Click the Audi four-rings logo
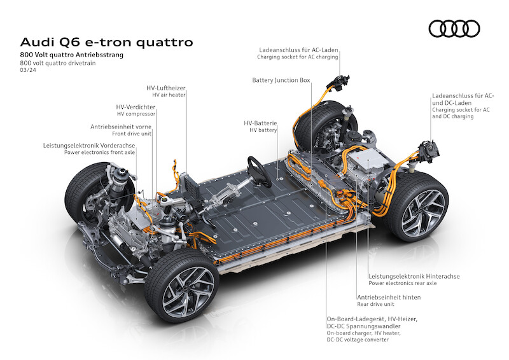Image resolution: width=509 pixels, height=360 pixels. coord(454,29)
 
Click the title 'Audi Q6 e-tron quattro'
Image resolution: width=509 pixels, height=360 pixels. coord(106,43)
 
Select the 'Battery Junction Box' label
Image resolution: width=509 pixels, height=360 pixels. coord(281,81)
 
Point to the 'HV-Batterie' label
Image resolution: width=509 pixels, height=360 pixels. coord(260,122)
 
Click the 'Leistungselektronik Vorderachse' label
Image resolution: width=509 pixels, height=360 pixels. coord(90,145)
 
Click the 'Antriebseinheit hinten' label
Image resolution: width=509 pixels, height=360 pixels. coord(388,296)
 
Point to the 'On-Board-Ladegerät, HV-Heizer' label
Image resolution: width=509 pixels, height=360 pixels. coord(372,318)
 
